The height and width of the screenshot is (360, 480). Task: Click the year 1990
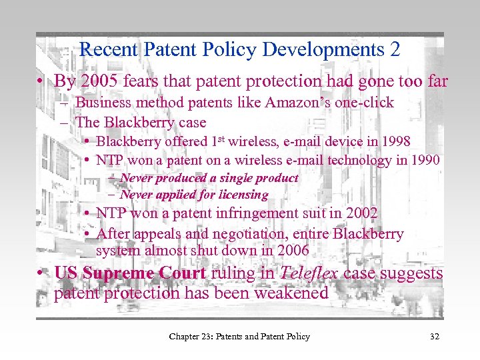point(425,160)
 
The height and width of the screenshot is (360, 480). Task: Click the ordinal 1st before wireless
point(217,140)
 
